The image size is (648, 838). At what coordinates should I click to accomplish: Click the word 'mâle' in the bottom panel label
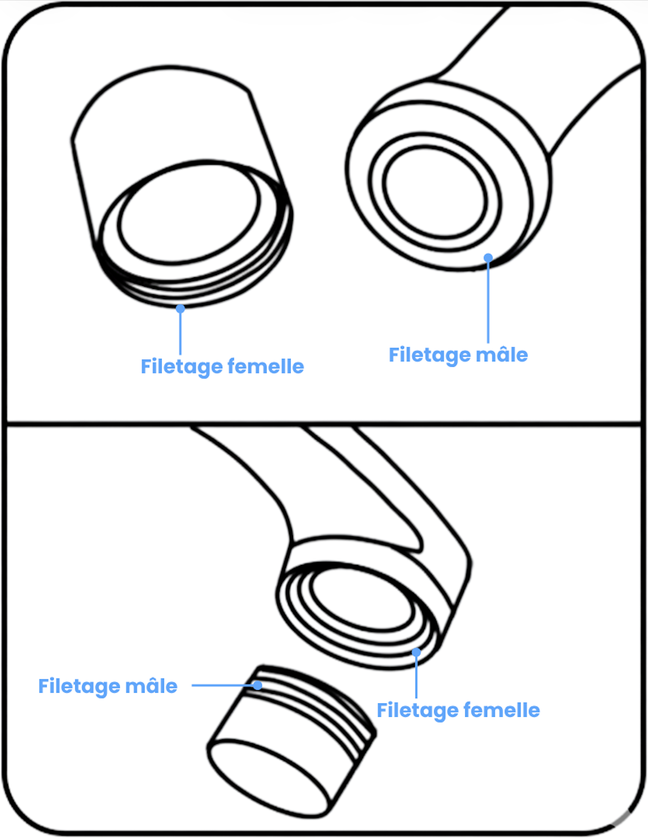pos(151,686)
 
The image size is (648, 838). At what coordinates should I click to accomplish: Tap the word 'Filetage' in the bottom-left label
pos(79,687)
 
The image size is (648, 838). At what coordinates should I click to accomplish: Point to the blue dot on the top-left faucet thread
pos(180,309)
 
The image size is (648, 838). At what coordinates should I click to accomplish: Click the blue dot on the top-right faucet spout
pos(488,258)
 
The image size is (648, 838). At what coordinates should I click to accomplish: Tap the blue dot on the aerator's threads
pos(258,685)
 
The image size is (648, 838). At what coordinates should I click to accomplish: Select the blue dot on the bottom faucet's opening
pos(417,653)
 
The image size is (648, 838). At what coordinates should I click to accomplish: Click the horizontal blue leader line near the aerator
pos(222,685)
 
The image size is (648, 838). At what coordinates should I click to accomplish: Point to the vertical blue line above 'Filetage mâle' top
pos(488,301)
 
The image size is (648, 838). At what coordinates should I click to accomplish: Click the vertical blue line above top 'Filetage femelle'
pos(180,333)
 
